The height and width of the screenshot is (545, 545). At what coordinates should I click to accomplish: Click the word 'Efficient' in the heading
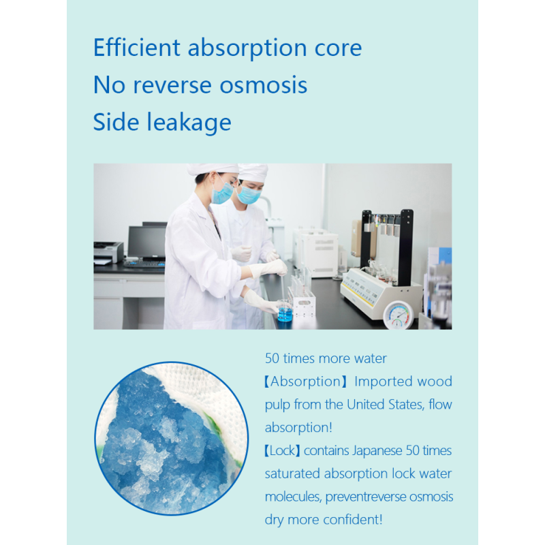(136, 48)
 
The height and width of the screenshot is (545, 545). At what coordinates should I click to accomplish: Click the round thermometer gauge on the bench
(396, 314)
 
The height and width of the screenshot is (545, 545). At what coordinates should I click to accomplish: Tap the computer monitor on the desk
(146, 242)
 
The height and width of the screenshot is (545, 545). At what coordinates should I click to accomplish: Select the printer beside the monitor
(108, 252)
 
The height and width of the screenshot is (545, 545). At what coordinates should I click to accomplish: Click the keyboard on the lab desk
(142, 264)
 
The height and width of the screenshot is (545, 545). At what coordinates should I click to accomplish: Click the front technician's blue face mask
(223, 193)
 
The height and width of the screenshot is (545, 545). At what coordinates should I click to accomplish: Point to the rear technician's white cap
(253, 172)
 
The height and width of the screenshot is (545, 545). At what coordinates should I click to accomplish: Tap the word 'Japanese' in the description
(384, 450)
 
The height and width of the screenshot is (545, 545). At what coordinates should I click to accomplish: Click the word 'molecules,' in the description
(293, 496)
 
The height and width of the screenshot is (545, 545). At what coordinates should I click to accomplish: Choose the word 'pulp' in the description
(279, 404)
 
